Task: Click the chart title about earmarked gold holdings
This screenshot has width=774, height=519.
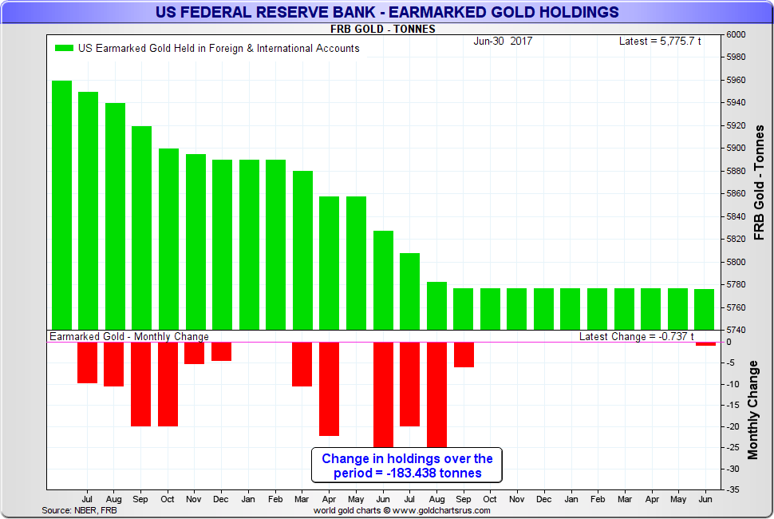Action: (388, 12)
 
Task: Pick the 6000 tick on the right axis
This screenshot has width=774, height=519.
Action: (736, 35)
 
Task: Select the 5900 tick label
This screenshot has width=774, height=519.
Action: (736, 149)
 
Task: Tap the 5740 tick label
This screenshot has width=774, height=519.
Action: (736, 330)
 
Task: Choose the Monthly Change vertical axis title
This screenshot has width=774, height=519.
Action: (752, 410)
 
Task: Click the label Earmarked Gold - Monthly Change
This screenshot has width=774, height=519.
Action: (129, 337)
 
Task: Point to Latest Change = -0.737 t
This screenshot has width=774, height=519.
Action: (637, 337)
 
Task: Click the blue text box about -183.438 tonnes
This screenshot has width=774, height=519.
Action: (407, 466)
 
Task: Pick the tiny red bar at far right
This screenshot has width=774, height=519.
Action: (705, 344)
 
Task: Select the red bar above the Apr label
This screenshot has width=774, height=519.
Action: (330, 389)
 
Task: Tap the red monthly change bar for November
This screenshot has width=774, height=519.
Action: (195, 353)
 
